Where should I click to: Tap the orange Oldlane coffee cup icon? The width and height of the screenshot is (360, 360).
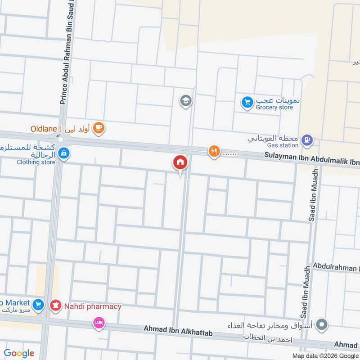[99, 129]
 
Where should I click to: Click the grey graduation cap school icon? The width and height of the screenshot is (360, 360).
[185, 101]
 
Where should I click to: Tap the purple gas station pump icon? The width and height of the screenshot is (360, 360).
[307, 140]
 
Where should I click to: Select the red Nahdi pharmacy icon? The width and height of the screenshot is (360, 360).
[55, 306]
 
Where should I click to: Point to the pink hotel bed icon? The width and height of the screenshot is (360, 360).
[99, 322]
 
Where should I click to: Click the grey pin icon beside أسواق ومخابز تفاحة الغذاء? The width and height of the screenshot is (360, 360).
[321, 324]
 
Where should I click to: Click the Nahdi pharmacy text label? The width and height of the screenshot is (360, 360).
[92, 306]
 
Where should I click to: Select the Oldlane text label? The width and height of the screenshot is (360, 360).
[44, 129]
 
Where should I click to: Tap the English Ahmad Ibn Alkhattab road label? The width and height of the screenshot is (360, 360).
[177, 332]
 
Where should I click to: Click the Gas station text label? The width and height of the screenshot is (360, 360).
[283, 145]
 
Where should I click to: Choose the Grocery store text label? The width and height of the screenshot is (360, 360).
[274, 108]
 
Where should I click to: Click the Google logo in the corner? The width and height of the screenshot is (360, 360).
[19, 353]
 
